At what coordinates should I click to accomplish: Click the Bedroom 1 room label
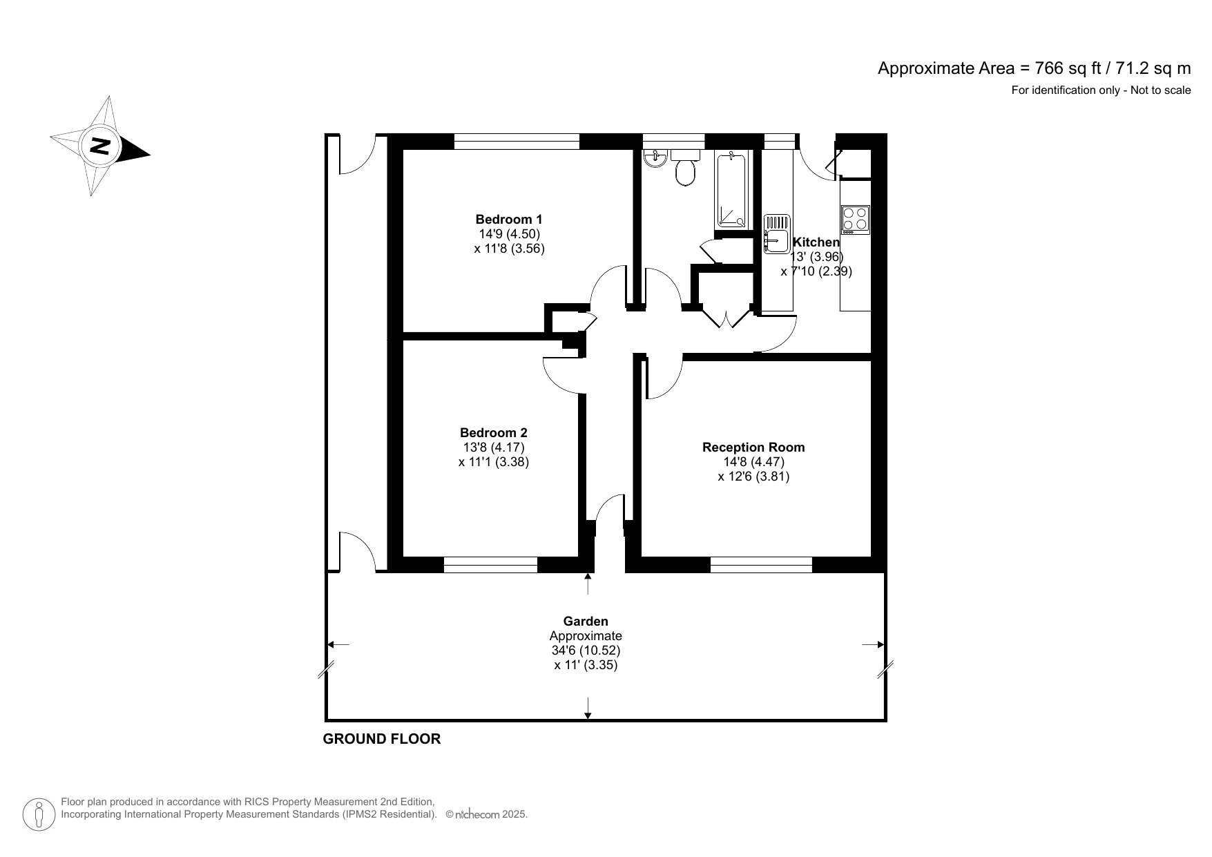click(509, 220)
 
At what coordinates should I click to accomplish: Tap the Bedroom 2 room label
click(493, 433)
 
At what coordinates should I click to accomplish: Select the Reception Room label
click(753, 447)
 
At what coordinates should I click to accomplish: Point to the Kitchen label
click(816, 242)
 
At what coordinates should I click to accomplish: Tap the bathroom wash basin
click(654, 160)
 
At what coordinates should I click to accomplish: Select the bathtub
click(731, 191)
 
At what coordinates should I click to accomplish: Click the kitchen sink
click(776, 235)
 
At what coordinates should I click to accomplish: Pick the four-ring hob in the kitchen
click(855, 220)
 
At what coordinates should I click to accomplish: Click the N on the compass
click(101, 146)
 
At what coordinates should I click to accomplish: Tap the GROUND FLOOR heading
click(381, 739)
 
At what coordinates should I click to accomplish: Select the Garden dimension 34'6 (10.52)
click(585, 651)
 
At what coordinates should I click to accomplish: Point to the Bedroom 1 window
click(516, 142)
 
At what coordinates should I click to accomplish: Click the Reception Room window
click(761, 565)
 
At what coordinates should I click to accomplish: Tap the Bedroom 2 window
click(490, 565)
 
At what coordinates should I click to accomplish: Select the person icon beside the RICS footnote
click(39, 814)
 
